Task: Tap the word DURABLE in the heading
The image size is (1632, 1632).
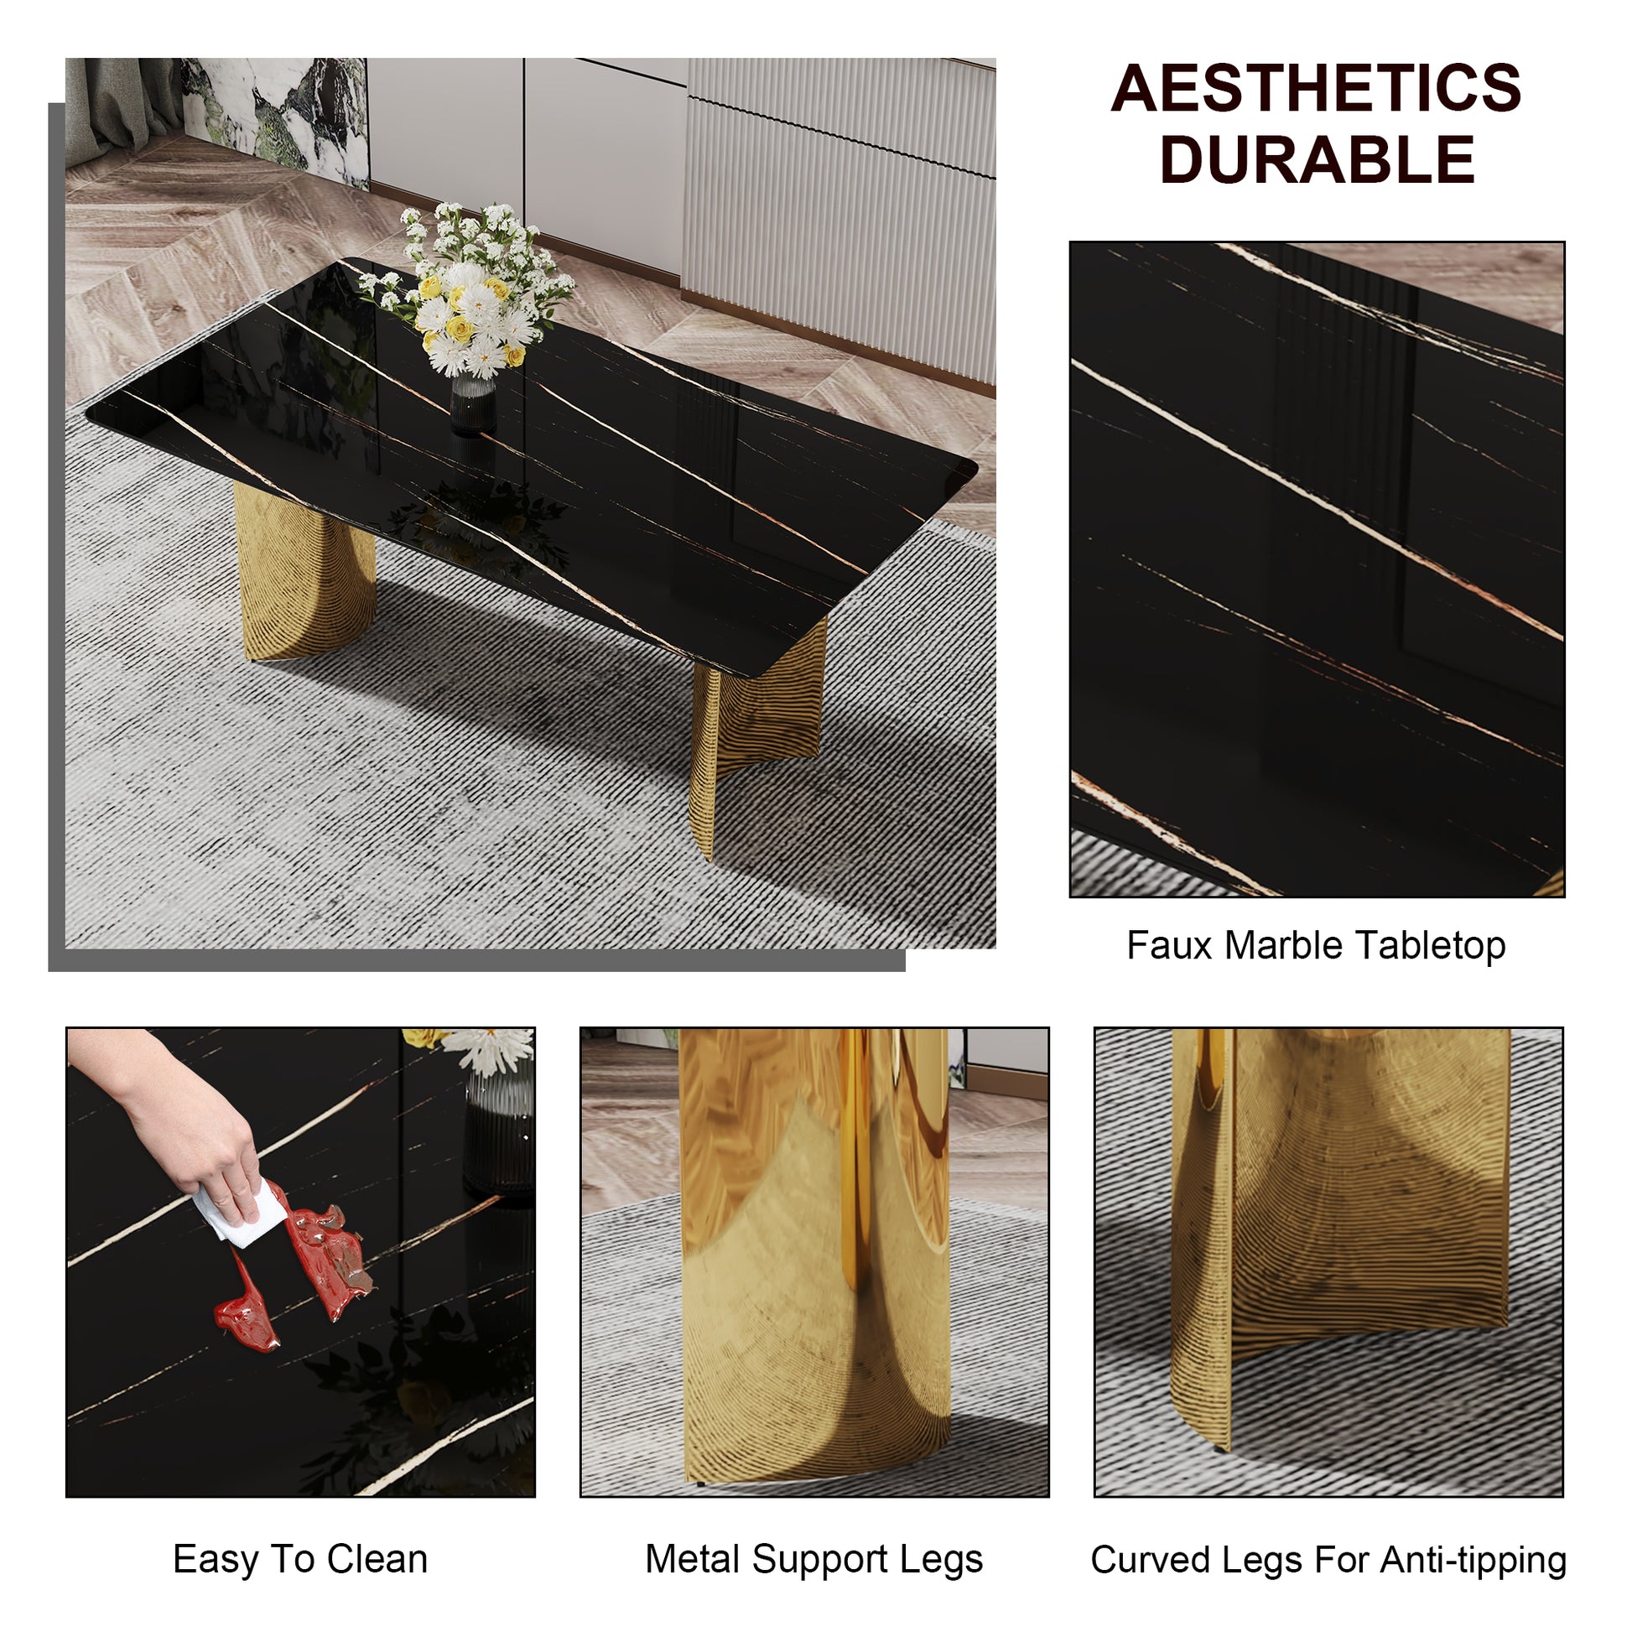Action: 1316,159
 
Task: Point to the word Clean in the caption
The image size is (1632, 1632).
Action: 377,1558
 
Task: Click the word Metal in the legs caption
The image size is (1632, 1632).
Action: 692,1558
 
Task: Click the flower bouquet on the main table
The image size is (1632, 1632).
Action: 473,287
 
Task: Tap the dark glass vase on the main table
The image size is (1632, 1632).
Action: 472,405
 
